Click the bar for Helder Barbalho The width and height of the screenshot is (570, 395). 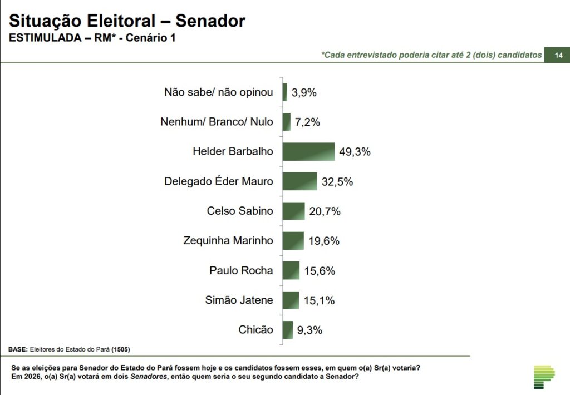pyautogui.click(x=308, y=151)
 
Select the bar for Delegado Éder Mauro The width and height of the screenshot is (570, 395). pyautogui.click(x=299, y=181)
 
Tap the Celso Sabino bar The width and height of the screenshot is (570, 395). pyautogui.click(x=293, y=211)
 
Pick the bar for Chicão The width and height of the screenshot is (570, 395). pyautogui.click(x=287, y=330)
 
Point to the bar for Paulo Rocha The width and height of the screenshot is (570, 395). pyautogui.click(x=291, y=270)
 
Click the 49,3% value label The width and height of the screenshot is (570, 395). pyautogui.click(x=355, y=152)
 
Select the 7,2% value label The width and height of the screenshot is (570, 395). pyautogui.click(x=307, y=122)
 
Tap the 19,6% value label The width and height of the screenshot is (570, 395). pyautogui.click(x=323, y=241)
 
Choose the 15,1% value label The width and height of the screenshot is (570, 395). pyautogui.click(x=319, y=300)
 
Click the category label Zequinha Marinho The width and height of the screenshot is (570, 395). pyautogui.click(x=228, y=241)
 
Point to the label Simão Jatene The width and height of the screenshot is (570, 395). pyautogui.click(x=239, y=300)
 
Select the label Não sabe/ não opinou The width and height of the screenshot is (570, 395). pyautogui.click(x=219, y=92)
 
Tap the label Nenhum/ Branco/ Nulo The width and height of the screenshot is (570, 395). pyautogui.click(x=217, y=122)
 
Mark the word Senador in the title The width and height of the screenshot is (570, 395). pyautogui.click(x=210, y=21)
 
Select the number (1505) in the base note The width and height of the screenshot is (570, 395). pyautogui.click(x=121, y=349)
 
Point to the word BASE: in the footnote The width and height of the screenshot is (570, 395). pyautogui.click(x=18, y=349)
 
